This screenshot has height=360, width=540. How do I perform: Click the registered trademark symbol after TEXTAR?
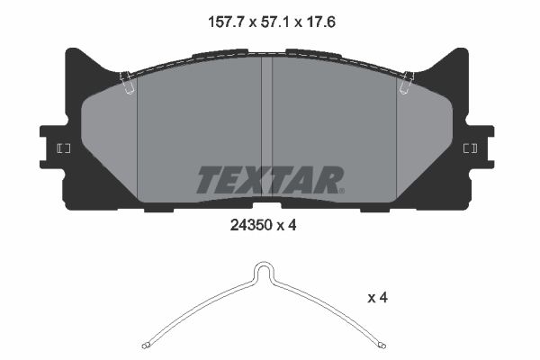[341, 190]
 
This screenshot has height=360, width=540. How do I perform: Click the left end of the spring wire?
[147, 345]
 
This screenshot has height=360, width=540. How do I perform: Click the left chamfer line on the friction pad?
[137, 135]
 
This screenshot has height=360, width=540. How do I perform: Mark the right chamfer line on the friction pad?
[397, 135]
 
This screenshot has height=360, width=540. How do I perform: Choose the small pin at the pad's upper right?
[407, 82]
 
